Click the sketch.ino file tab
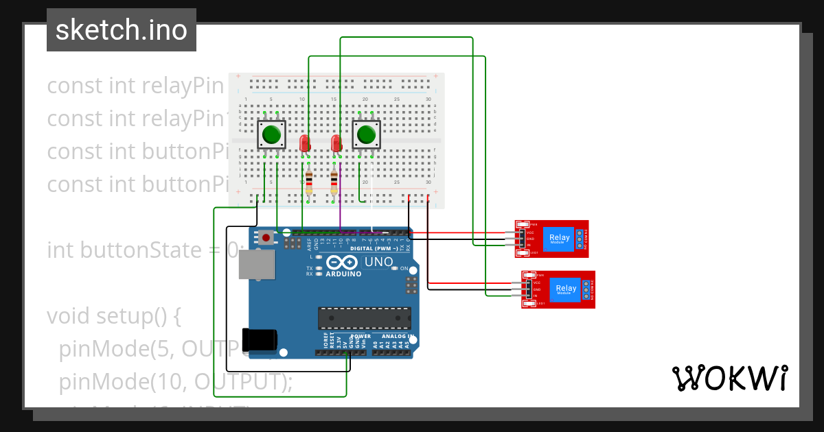122,30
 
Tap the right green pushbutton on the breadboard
367,134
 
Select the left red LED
306,143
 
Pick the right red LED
336,143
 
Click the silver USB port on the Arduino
256,264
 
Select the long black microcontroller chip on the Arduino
364,318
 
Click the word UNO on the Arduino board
378,262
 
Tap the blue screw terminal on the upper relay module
580,239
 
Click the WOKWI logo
729,378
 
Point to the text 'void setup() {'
113,316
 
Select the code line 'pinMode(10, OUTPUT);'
176,381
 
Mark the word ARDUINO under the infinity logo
343,274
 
